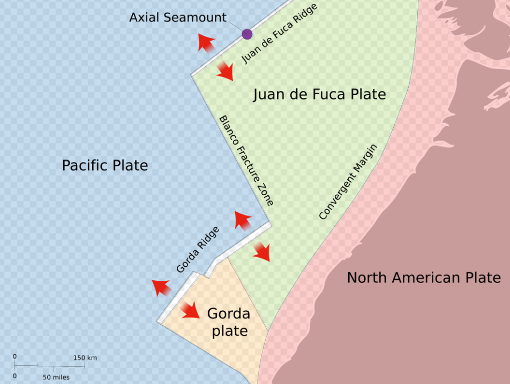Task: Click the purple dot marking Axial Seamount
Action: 246,34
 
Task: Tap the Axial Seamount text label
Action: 178,18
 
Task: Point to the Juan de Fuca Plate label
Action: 319,95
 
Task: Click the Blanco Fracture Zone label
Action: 246,160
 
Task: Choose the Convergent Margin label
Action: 348,182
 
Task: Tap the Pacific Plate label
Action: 105,165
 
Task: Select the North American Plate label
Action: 424,278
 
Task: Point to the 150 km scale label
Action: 85,357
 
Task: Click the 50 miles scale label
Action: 56,377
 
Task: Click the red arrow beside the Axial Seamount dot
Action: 205,42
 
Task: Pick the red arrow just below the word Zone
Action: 243,220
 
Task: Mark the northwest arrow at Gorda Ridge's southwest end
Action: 161,287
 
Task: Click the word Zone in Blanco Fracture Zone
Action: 266,197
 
